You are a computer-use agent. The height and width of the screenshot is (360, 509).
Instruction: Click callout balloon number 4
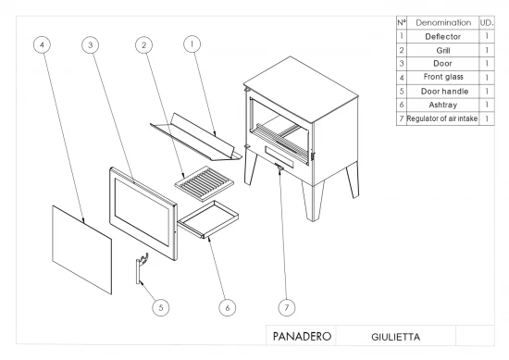(x=43, y=44)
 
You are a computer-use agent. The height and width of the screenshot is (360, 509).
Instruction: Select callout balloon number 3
(x=91, y=44)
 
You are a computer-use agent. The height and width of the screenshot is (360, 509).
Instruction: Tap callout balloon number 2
(x=144, y=44)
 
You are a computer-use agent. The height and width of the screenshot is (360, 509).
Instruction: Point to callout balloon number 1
(x=192, y=43)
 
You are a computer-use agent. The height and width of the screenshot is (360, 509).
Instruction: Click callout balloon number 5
(x=161, y=307)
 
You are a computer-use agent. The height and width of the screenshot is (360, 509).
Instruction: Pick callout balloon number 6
(x=228, y=307)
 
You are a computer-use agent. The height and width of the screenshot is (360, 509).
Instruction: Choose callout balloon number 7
(x=287, y=307)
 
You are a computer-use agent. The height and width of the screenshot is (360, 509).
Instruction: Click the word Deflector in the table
(x=442, y=37)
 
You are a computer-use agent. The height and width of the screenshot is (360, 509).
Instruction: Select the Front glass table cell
(x=443, y=77)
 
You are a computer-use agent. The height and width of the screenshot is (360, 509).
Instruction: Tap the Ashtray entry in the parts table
(x=442, y=105)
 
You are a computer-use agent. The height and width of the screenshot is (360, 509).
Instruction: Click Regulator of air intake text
(x=442, y=118)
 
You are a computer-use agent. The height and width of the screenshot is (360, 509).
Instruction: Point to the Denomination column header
(x=443, y=23)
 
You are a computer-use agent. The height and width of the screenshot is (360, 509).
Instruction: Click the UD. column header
(x=487, y=23)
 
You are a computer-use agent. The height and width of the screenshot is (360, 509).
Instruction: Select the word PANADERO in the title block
(x=302, y=336)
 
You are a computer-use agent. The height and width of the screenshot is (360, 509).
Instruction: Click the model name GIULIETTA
(x=395, y=337)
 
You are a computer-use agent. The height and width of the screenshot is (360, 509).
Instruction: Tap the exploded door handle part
(x=140, y=268)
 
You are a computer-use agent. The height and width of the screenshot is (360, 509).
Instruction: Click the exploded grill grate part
(x=205, y=183)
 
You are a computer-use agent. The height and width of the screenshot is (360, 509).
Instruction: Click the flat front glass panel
(x=81, y=249)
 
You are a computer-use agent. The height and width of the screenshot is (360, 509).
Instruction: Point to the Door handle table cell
(x=443, y=92)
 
